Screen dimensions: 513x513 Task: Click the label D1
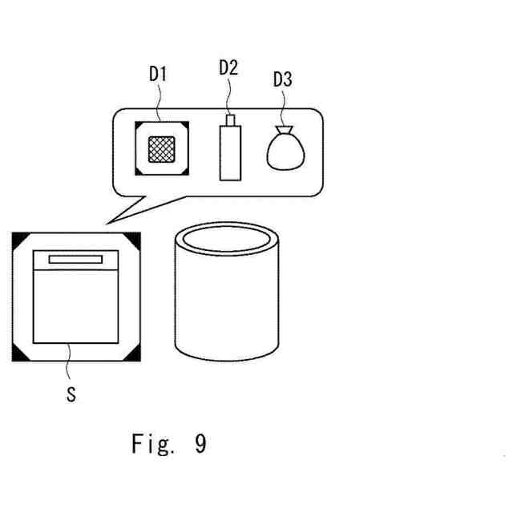click(157, 75)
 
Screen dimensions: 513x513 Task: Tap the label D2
click(228, 67)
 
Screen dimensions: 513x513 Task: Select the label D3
click(283, 79)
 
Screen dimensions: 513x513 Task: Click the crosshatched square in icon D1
click(163, 149)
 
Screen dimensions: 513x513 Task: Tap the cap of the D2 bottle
click(230, 120)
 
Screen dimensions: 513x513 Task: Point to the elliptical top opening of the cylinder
click(228, 238)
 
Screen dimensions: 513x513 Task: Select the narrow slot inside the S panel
click(75, 259)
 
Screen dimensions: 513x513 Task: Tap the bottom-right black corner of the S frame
click(133, 354)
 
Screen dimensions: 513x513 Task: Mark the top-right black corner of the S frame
click(133, 238)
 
